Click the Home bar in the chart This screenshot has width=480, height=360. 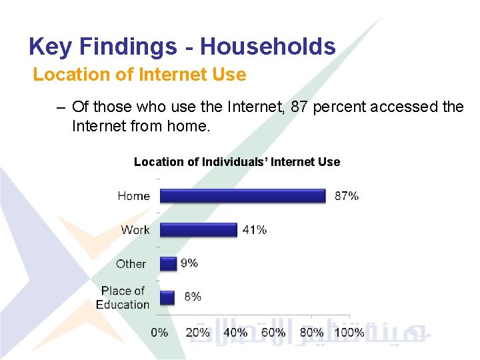pos(242,195)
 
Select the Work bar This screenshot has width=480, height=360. pos(198,229)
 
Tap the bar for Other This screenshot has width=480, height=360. pos(168,263)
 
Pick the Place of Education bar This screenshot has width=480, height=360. pos(167,297)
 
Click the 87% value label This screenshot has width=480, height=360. pos(346,195)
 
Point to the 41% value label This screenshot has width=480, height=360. pos(254,229)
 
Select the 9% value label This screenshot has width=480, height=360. pos(189,263)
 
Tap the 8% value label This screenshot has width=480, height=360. pos(192,297)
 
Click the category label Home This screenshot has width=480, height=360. pos(133,195)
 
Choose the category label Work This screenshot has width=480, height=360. pos(135,229)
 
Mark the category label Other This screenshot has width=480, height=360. pos(131,263)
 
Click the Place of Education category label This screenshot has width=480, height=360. pos(123,297)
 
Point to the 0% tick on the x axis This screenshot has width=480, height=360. pos(159,332)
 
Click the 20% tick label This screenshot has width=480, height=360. pos(197,332)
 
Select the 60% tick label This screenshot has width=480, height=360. pos(273,332)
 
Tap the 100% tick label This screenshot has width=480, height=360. pos(349,332)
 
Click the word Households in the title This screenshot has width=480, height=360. pos(267,47)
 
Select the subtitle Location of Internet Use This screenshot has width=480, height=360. pos(139,75)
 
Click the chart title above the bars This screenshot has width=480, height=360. pos(237,162)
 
